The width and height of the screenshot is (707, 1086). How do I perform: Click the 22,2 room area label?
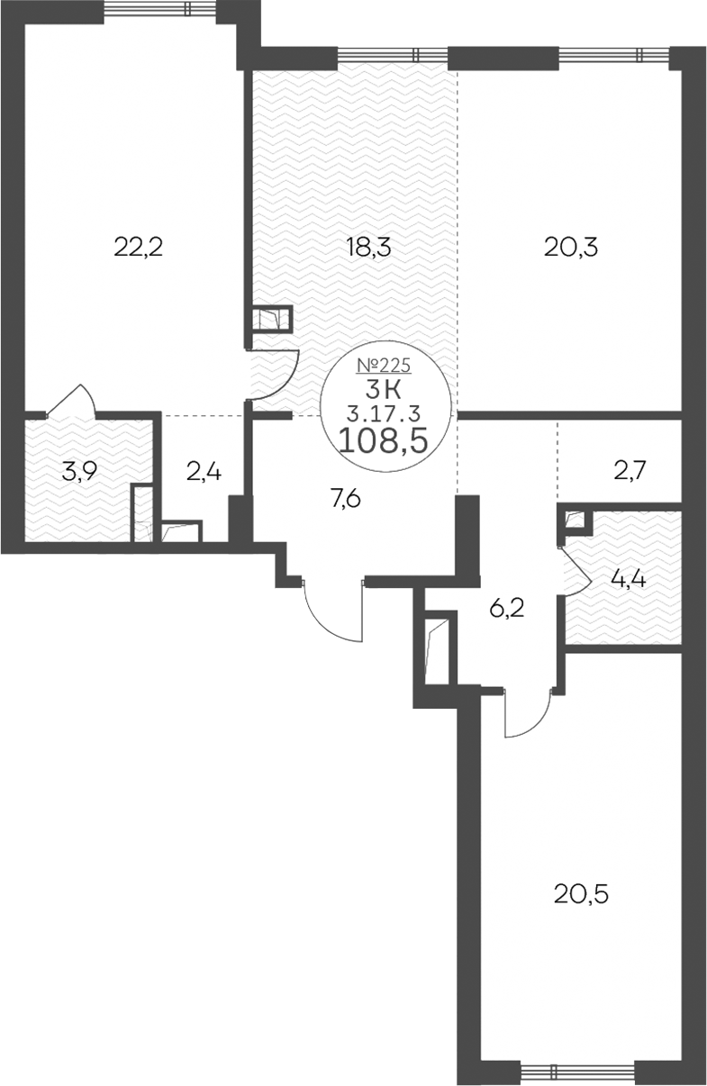point(138,248)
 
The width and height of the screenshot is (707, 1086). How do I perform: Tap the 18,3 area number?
point(368,248)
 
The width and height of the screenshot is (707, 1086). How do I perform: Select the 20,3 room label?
point(571,248)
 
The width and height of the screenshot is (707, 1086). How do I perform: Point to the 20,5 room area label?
point(581,894)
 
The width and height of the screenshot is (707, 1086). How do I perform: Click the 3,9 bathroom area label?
point(79,471)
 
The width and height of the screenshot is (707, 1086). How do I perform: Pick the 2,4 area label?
point(204,471)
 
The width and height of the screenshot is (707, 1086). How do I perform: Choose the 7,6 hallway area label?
point(346,498)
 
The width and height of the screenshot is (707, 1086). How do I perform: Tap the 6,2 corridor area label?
point(507,608)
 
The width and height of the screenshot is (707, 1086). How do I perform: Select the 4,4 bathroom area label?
point(629,579)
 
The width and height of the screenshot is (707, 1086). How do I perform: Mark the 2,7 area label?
point(630,471)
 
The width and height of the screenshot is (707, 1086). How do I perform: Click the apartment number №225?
point(384,365)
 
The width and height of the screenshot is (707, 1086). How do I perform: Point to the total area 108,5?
point(384,440)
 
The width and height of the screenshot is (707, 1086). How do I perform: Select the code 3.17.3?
point(384,413)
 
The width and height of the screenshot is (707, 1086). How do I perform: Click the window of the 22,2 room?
point(160,8)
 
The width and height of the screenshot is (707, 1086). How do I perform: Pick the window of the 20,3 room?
point(614,54)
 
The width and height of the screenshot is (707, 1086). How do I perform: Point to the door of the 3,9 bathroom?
point(73,399)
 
